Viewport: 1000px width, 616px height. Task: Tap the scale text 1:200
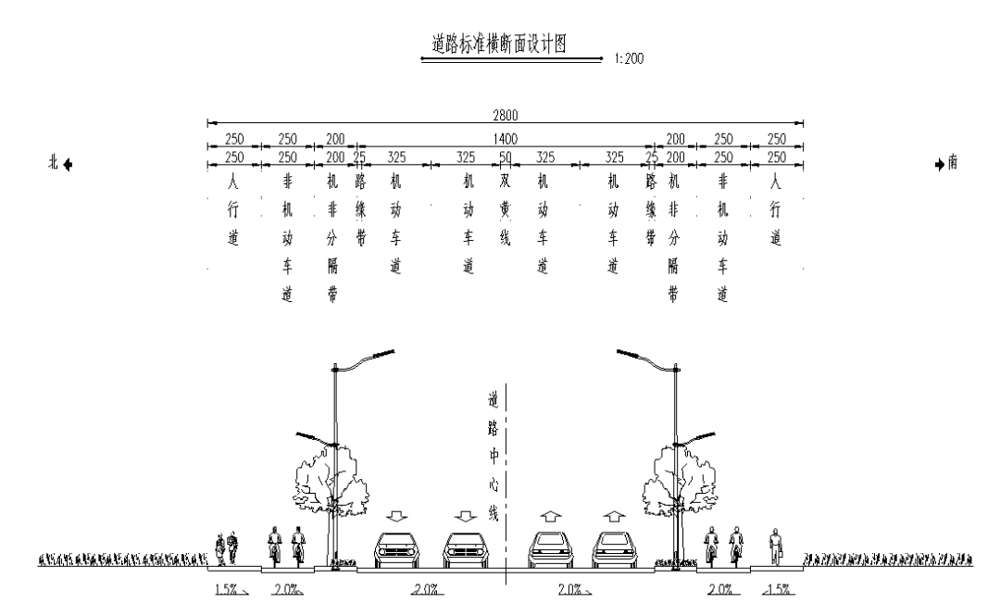pyautogui.click(x=629, y=58)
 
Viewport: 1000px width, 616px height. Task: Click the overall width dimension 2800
pyautogui.click(x=505, y=115)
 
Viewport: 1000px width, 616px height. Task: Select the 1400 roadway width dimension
pyautogui.click(x=505, y=138)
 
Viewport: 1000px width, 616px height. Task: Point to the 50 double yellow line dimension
pyautogui.click(x=506, y=157)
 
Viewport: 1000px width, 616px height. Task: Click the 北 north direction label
pyautogui.click(x=54, y=163)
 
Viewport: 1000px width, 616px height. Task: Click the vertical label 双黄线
pyautogui.click(x=506, y=210)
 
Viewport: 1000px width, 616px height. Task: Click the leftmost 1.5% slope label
pyautogui.click(x=226, y=590)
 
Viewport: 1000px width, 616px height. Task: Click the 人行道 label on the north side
pyautogui.click(x=234, y=210)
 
